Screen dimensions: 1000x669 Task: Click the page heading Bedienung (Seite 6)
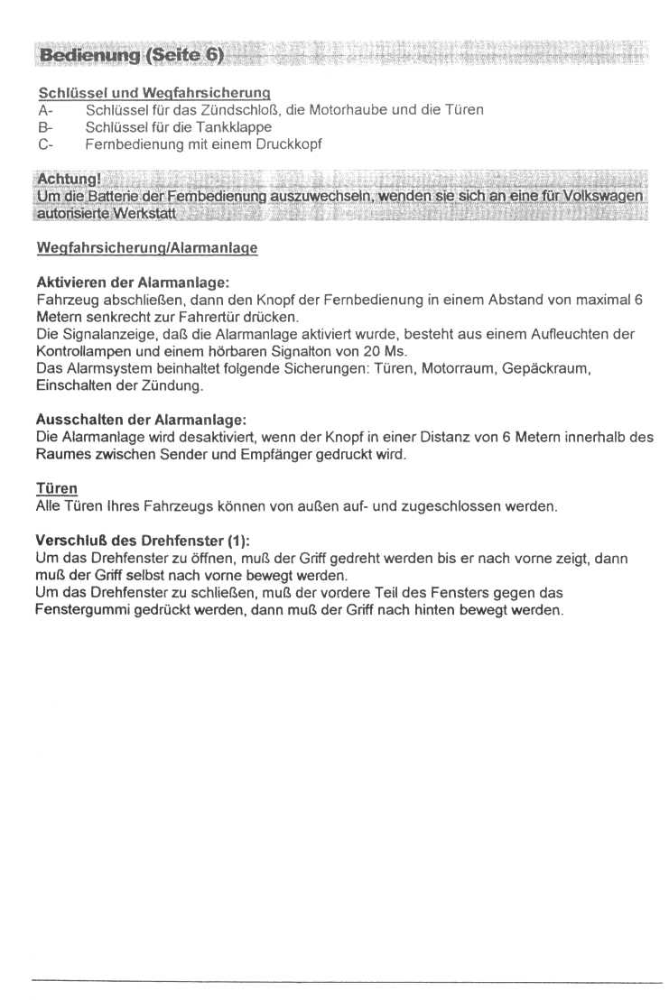[x=128, y=55]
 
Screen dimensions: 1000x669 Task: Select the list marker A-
[x=44, y=110]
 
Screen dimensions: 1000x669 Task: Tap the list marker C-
[x=44, y=144]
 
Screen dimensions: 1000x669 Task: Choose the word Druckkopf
[x=289, y=144]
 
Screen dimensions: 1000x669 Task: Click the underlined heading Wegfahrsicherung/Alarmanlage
[x=147, y=248]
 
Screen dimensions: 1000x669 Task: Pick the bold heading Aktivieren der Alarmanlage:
[x=132, y=282]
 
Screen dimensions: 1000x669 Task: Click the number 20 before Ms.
[x=367, y=351]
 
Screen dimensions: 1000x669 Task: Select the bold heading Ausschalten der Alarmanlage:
[x=140, y=421]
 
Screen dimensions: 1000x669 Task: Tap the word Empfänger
[x=269, y=455]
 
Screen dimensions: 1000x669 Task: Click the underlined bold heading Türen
[x=56, y=489]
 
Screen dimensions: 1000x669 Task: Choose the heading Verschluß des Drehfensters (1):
[x=141, y=542]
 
